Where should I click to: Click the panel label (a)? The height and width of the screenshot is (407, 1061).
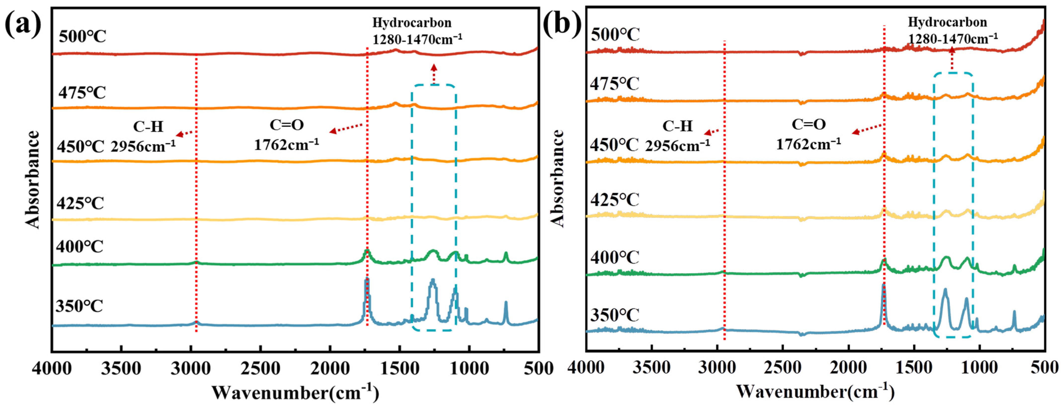[23, 24]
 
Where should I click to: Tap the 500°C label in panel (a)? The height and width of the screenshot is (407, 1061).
[82, 36]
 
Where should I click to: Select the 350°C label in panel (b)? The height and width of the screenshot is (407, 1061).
[614, 315]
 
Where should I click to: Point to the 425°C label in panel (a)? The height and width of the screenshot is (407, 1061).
[81, 203]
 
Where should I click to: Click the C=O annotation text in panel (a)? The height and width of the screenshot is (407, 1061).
[287, 125]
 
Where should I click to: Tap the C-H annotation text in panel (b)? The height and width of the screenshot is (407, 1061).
[678, 126]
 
